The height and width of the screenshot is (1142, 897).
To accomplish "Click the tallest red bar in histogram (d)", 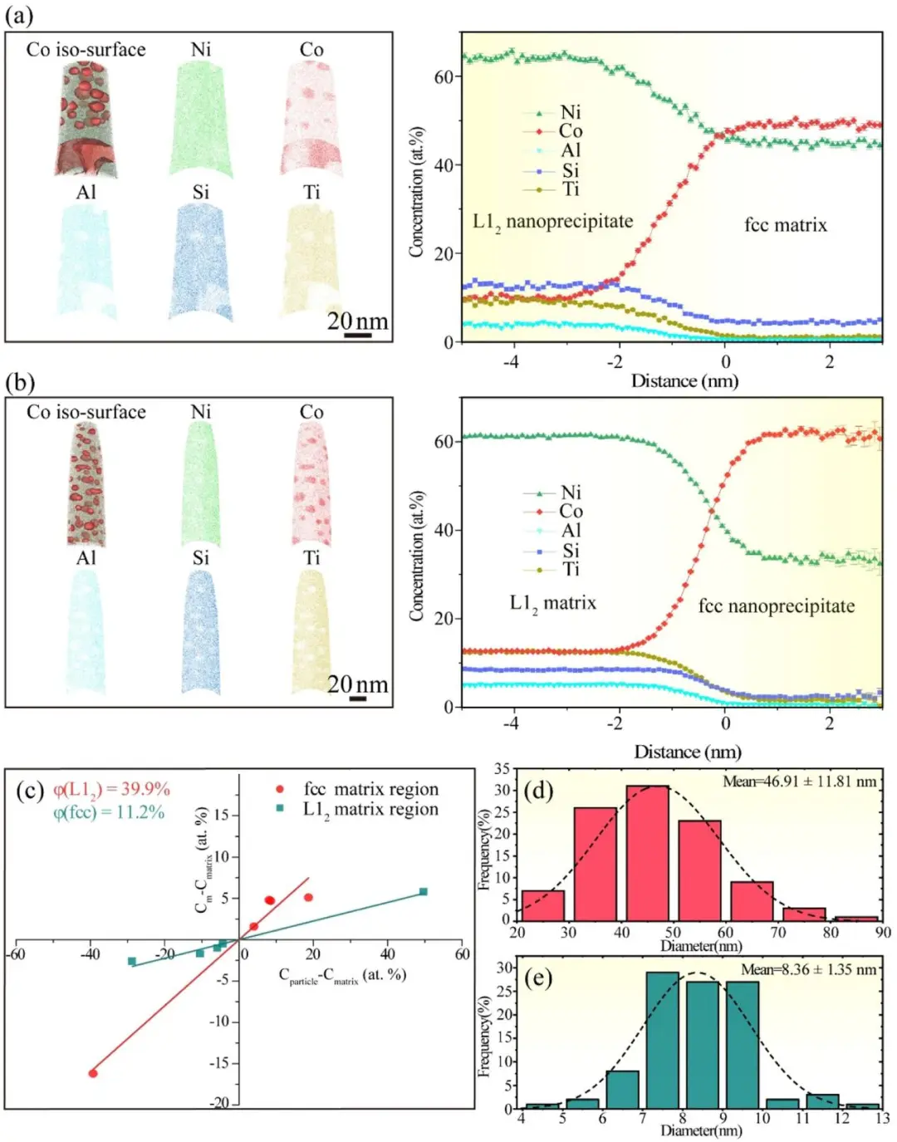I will (647, 852).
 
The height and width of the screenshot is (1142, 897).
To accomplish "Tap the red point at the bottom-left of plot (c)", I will (93, 1073).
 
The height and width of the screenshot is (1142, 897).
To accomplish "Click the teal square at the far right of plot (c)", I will (424, 892).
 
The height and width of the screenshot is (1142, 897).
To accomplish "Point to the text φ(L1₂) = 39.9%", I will (111, 789).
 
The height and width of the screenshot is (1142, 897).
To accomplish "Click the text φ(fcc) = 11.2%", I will (109, 812).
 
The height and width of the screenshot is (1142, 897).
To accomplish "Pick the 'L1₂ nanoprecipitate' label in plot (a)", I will (553, 222).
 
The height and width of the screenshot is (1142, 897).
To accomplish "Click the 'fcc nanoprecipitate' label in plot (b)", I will (777, 606).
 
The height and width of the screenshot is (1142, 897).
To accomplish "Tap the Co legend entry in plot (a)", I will (570, 131).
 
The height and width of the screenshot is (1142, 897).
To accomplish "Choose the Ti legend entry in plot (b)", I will (570, 570).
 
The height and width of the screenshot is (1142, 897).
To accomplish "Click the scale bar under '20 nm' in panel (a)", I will (358, 335).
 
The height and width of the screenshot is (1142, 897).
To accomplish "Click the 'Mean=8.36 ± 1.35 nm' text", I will (808, 969).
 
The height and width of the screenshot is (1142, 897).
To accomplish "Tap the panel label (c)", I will (30, 790).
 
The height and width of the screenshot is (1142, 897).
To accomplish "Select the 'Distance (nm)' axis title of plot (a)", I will (684, 381).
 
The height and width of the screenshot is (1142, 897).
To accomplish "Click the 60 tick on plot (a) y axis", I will (444, 77).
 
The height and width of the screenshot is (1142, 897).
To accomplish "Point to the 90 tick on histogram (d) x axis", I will (883, 932).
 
